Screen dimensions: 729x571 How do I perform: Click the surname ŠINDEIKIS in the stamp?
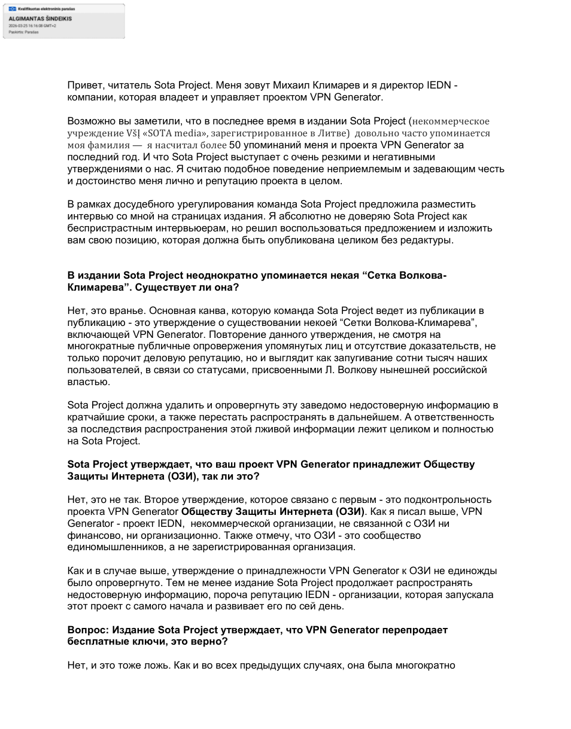pos(56,19)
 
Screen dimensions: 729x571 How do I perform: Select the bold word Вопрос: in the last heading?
pos(87,630)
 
